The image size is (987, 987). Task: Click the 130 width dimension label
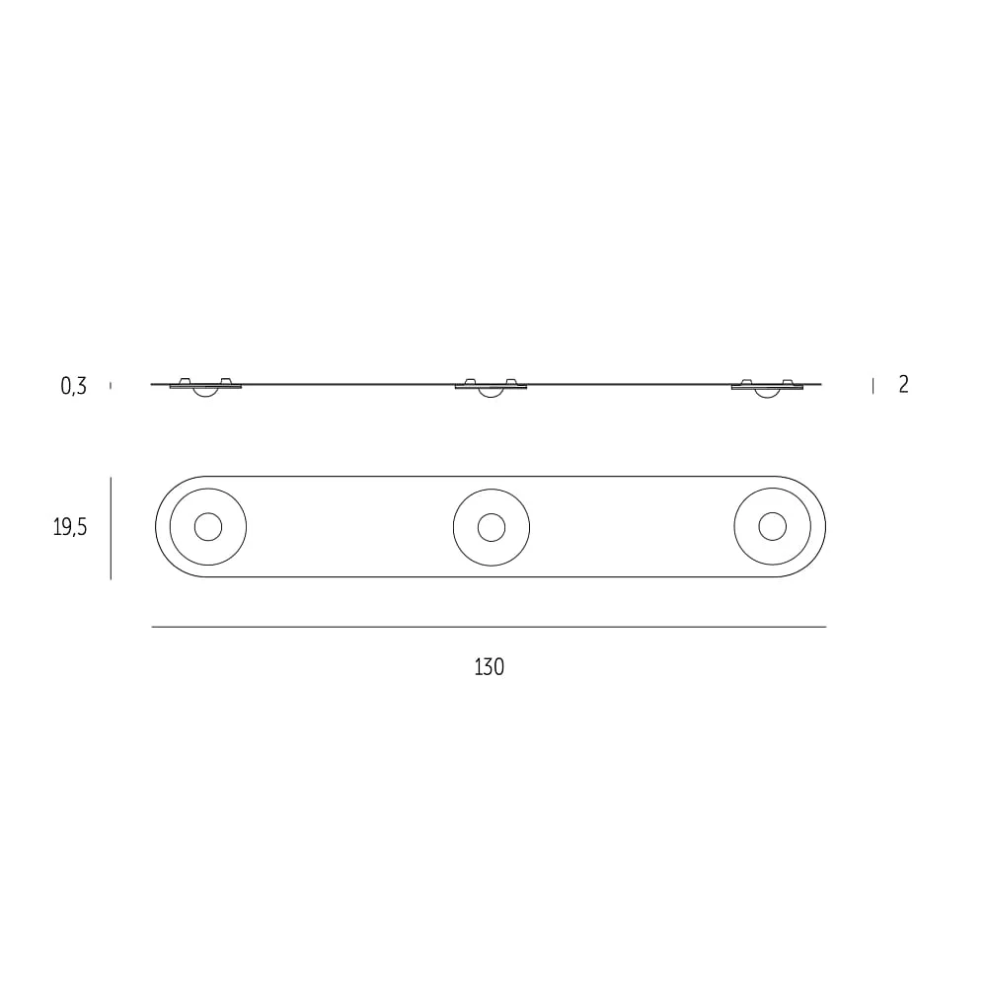coord(490,666)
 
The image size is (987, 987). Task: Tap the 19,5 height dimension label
coord(70,527)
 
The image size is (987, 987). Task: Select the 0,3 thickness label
coord(74,386)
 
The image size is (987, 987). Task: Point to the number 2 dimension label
coord(903,384)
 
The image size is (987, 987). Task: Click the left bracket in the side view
coord(206,383)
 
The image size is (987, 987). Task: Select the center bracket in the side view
coord(491,384)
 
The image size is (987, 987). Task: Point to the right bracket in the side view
coord(767,385)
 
